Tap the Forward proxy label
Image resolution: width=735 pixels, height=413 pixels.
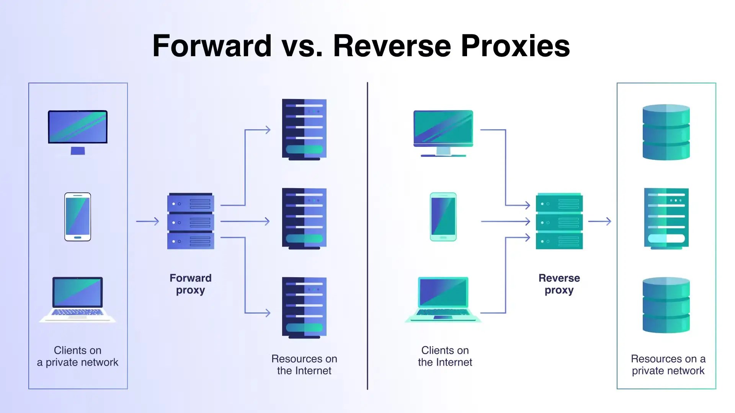click(190, 284)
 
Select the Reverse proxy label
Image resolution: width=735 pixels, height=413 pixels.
click(559, 284)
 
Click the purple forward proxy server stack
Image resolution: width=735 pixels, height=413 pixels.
click(191, 221)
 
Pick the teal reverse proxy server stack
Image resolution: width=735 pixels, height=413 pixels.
click(559, 221)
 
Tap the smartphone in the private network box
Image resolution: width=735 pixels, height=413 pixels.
click(78, 217)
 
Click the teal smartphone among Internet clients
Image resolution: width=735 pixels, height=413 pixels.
click(443, 217)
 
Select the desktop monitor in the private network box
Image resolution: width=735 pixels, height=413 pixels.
click(78, 130)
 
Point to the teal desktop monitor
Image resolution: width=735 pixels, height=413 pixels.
click(443, 132)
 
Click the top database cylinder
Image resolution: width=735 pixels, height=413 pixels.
click(666, 132)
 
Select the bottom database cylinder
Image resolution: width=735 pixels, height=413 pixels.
click(666, 305)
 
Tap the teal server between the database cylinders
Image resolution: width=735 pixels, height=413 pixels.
click(666, 218)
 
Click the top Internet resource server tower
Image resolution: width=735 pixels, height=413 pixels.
click(304, 129)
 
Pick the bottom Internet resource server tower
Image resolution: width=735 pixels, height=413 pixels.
click(304, 307)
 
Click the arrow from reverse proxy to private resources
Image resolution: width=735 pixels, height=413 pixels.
click(599, 221)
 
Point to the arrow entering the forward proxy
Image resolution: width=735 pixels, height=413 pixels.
click(147, 221)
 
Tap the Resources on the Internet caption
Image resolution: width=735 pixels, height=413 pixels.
click(304, 364)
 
